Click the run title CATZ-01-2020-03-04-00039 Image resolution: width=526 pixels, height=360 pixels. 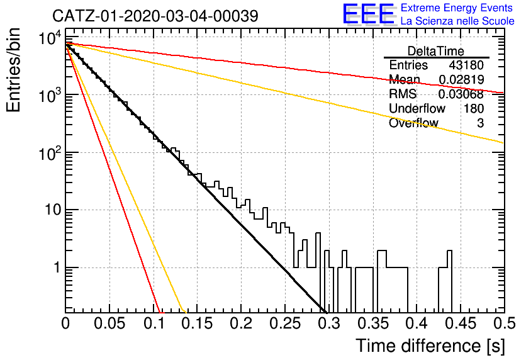click(x=155, y=16)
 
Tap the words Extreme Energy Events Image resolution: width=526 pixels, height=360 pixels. click(x=457, y=8)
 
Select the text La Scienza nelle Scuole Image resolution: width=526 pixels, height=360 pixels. click(x=457, y=21)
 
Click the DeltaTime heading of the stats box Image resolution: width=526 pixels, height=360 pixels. click(x=436, y=52)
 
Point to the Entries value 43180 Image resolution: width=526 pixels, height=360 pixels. click(x=466, y=65)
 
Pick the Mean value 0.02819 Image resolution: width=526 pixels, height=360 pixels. click(x=461, y=79)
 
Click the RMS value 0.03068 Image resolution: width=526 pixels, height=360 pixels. click(x=461, y=94)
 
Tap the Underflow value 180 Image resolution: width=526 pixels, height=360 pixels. click(x=474, y=108)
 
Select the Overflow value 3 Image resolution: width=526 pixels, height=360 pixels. click(x=480, y=123)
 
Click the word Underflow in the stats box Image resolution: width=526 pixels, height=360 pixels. click(x=417, y=108)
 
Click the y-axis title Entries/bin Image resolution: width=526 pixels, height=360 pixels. click(x=14, y=70)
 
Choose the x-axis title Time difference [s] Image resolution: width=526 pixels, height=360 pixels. click(x=430, y=346)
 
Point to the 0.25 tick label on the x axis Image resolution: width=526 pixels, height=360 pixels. click(x=285, y=323)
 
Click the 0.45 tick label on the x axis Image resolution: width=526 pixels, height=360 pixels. click(x=461, y=323)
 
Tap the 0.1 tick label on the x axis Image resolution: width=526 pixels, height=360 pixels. click(x=154, y=323)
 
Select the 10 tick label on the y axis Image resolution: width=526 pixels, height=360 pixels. click(x=53, y=210)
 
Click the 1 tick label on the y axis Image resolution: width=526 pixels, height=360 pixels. click(x=57, y=267)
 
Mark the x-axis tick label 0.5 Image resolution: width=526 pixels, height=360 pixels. click(x=504, y=323)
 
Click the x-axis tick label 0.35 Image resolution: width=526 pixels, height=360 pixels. click(x=373, y=323)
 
